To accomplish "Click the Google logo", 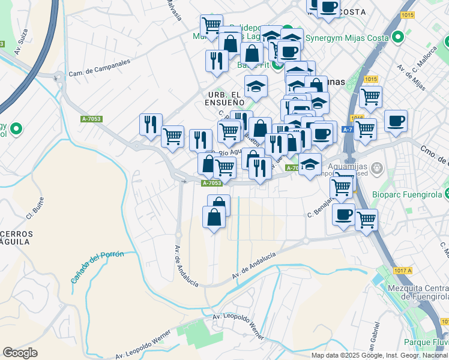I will click(20, 353).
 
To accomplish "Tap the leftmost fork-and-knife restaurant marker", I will click(151, 124).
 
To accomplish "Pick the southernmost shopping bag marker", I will click(214, 217).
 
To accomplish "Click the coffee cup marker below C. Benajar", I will click(344, 214).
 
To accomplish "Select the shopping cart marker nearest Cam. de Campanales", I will click(172, 136).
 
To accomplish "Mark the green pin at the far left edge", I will click(16, 128).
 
